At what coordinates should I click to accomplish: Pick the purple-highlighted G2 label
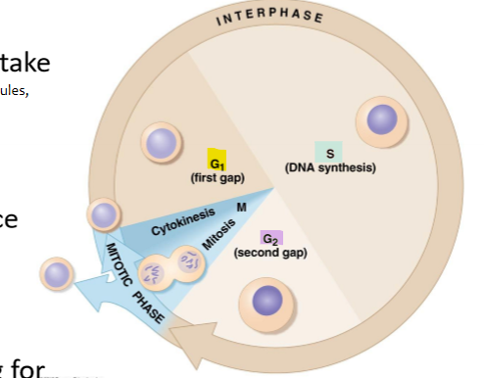click(x=269, y=239)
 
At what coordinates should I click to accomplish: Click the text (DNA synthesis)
click(x=330, y=168)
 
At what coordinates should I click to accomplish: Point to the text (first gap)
click(x=218, y=178)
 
